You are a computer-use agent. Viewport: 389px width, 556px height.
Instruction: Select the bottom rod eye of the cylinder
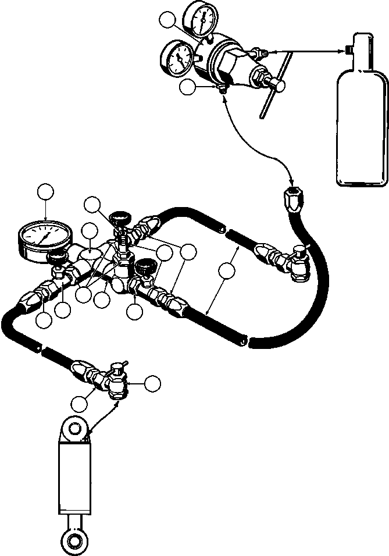(x=74, y=539)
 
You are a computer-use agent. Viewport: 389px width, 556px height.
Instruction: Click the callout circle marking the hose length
(x=227, y=270)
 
